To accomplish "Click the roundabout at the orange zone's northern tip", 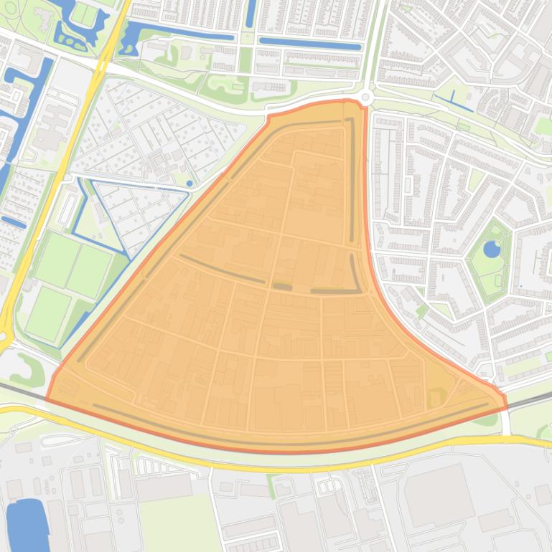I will pyautogui.click(x=367, y=97).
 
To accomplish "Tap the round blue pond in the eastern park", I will pyautogui.click(x=492, y=249).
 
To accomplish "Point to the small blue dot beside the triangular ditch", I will pyautogui.click(x=190, y=184).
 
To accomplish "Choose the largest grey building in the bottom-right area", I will pyautogui.click(x=439, y=495).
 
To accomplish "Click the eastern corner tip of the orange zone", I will pyautogui.click(x=506, y=406).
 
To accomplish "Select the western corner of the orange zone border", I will pyautogui.click(x=47, y=399).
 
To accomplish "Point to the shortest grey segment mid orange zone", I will pyautogui.click(x=282, y=287).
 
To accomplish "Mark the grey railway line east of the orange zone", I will pyautogui.click(x=531, y=398).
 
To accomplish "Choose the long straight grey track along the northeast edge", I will pyautogui.click(x=352, y=179).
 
